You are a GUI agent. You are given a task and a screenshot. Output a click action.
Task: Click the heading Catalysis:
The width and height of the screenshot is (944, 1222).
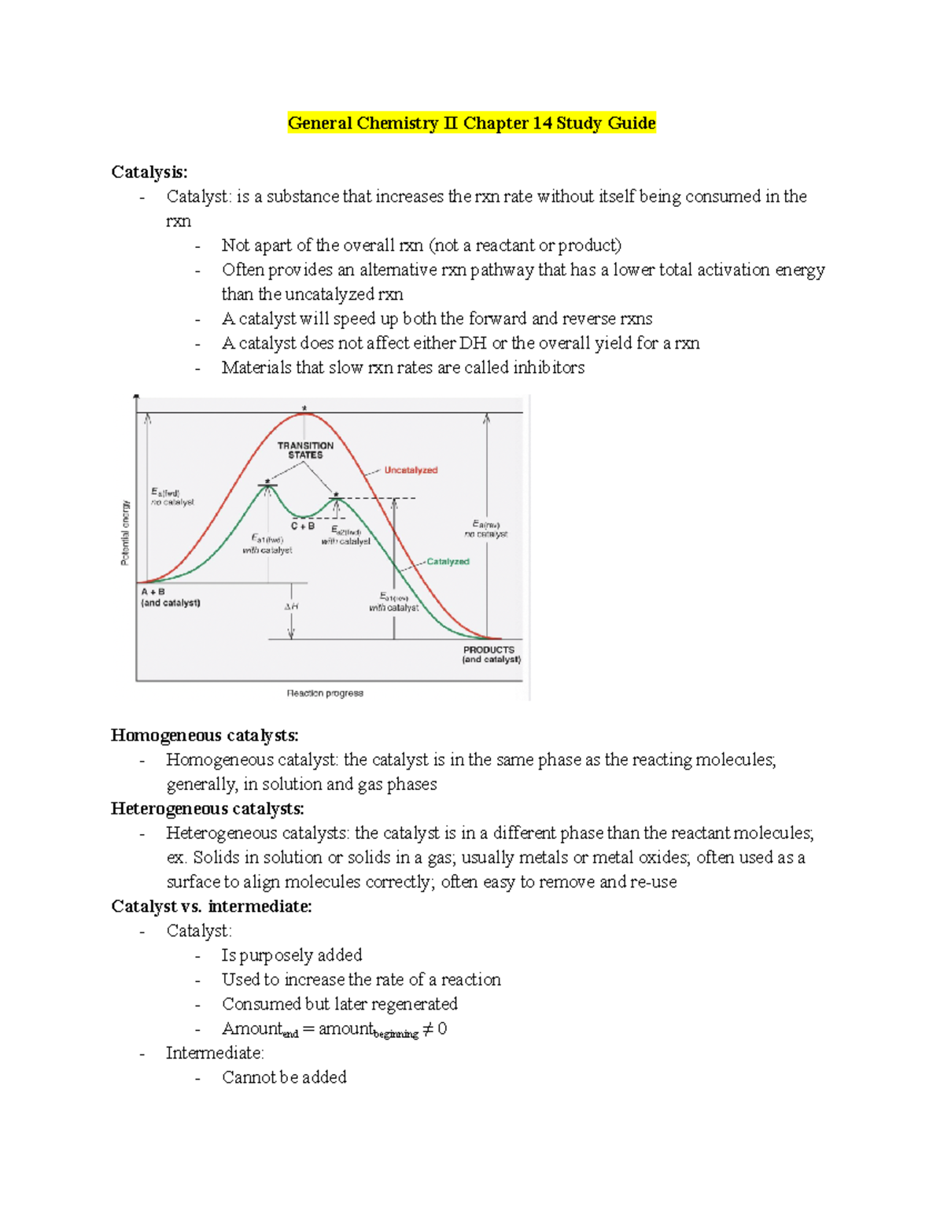pos(149,172)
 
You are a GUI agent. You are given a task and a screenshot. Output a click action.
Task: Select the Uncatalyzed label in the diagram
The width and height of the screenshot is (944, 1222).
pos(411,471)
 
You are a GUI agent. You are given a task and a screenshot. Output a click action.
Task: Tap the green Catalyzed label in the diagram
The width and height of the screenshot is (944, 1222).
pos(448,562)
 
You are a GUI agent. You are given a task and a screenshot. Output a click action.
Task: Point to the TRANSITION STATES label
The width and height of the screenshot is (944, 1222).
pos(305,450)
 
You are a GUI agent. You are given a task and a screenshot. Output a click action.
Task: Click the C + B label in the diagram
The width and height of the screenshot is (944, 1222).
pos(303,526)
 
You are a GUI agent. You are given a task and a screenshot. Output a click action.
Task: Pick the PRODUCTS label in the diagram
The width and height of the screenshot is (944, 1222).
pos(489,650)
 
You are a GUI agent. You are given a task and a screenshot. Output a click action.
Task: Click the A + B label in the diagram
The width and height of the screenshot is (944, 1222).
pos(153,592)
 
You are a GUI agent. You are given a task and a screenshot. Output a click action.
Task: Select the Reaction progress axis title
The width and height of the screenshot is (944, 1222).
pos(325,693)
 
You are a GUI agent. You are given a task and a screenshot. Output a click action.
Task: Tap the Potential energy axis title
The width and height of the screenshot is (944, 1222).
pos(125,533)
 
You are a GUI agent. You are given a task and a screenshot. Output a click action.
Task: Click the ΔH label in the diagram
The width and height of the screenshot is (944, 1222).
pos(291,607)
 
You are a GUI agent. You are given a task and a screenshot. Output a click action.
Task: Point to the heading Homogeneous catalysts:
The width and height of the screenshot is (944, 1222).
pos(205,736)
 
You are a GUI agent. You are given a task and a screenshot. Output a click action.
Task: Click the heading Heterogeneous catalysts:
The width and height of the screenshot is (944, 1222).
pos(208,809)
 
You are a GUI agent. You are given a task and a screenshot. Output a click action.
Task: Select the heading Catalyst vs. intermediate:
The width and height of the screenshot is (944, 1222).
pos(212,906)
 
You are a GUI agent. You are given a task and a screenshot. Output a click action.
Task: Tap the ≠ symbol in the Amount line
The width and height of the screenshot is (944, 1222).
pos(428,1029)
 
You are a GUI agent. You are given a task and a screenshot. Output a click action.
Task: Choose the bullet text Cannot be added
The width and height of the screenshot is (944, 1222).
pos(284,1077)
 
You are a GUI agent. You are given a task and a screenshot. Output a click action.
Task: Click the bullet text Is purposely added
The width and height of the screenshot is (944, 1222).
pos(292,955)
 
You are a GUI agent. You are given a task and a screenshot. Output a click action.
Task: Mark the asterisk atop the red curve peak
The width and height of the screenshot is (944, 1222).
pos(304,408)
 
